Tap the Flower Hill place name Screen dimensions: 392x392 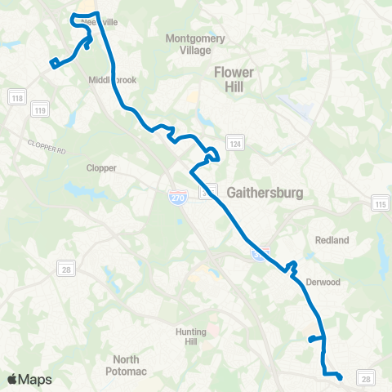point(234,78)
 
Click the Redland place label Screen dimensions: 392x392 point(332,240)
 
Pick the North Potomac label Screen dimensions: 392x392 point(126,364)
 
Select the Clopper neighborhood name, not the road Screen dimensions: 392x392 point(101,168)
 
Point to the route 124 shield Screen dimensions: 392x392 point(235,144)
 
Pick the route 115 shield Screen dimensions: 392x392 point(380,203)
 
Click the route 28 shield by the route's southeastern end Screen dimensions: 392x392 point(367,377)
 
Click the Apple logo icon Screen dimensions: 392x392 point(12,379)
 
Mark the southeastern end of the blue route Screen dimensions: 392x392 point(341,376)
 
